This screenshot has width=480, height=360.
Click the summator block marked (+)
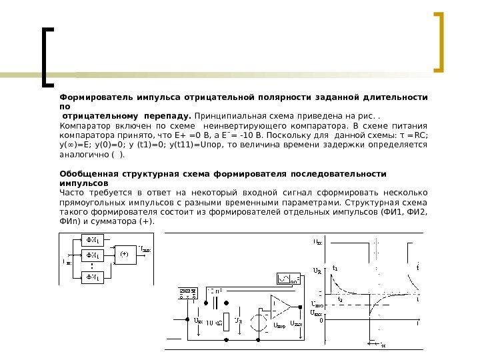[x=124, y=253]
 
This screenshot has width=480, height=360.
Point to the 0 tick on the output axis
[x=321, y=319]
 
